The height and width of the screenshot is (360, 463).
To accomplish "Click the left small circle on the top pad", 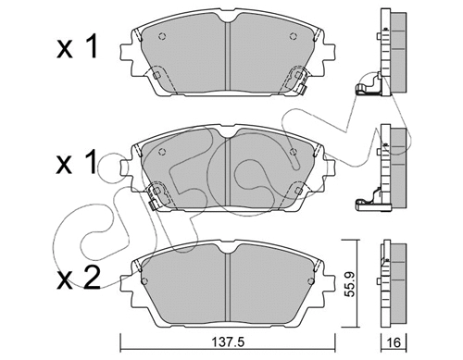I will pyautogui.click(x=164, y=38).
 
